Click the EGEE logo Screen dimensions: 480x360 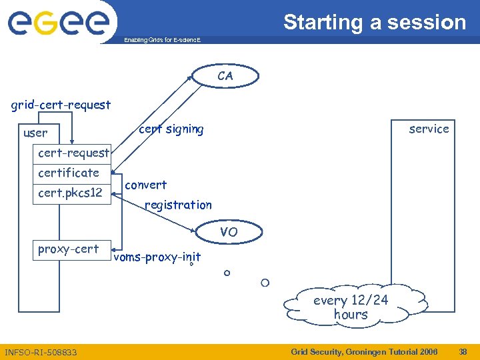point(58,23)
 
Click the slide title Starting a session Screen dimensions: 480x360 point(375,22)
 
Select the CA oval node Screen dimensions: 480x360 point(225,76)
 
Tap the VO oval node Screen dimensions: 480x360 point(229,232)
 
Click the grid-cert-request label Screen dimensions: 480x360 point(61,105)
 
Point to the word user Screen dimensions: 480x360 point(35,133)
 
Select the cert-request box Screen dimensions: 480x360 point(73,153)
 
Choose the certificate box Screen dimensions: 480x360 point(69,173)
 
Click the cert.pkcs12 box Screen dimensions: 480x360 point(70,193)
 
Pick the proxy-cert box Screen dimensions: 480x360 point(69,249)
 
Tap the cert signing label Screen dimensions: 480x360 point(171,129)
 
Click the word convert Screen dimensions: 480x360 point(146,185)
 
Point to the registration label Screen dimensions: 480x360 point(178,205)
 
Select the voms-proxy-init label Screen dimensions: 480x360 point(157,257)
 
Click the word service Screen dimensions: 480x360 point(429,129)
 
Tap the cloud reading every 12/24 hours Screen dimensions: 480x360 point(351,307)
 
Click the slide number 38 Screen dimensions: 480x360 point(463,351)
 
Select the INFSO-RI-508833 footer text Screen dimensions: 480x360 point(41,352)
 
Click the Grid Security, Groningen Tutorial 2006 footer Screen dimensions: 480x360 point(365,351)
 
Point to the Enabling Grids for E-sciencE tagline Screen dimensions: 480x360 point(162,41)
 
